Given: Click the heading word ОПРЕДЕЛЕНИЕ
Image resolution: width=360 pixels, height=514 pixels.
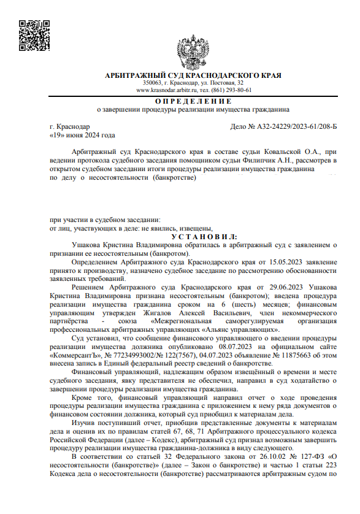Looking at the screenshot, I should (x=193, y=101).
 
